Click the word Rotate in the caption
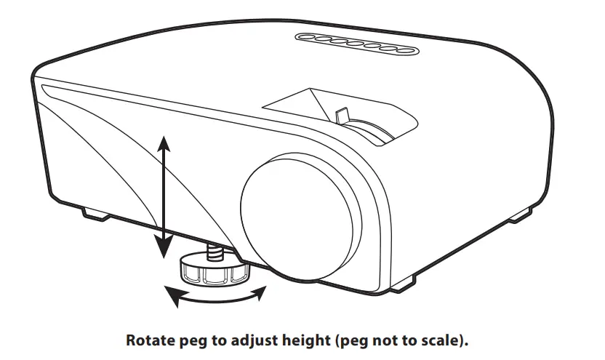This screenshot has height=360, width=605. click(x=149, y=340)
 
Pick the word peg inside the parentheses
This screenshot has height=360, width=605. click(x=361, y=341)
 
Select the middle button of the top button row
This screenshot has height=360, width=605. click(x=356, y=44)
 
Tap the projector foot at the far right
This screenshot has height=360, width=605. click(x=521, y=216)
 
